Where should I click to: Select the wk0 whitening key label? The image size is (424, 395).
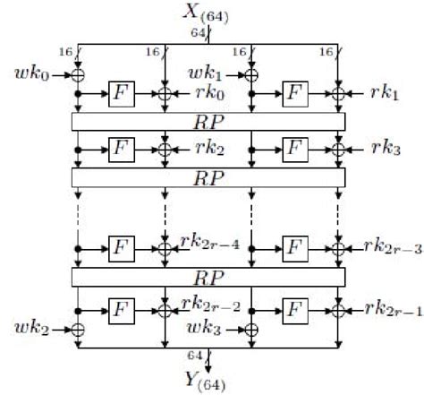click(x=34, y=71)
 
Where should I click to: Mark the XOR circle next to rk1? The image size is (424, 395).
click(x=338, y=91)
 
